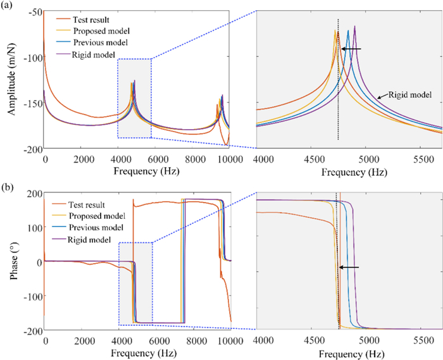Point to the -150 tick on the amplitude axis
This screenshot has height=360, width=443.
coord(31,103)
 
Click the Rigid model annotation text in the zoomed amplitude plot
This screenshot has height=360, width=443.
coord(408,95)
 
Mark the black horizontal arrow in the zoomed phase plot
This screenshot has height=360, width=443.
coord(350,268)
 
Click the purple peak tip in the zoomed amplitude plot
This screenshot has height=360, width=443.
coord(355,26)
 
